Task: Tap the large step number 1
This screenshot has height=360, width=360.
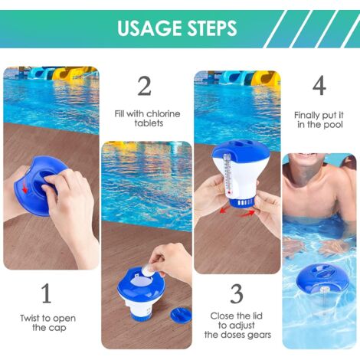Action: point(47,293)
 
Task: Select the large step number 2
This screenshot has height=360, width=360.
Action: point(144,85)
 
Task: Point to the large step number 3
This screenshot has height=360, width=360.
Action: point(237,293)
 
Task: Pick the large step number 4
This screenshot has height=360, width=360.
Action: point(319,85)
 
